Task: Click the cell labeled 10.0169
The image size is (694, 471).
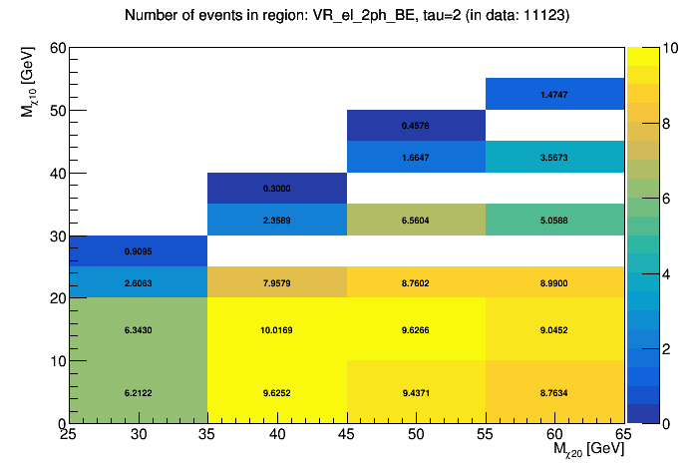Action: (276, 329)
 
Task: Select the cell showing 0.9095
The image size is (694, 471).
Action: (138, 251)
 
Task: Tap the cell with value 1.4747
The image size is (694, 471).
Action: (554, 94)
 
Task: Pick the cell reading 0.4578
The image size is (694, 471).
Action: (416, 126)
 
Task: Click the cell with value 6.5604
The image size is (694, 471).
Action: (416, 220)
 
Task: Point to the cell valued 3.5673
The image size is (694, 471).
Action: (554, 158)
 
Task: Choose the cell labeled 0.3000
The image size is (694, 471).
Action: (276, 189)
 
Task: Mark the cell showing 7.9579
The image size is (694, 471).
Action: (276, 282)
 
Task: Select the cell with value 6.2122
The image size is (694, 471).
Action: (138, 392)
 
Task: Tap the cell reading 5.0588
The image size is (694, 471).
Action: (554, 220)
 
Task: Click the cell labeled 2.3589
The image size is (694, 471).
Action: (276, 220)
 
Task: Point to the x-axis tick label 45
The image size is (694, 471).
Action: (346, 436)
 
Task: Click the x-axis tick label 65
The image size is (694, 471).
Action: (623, 436)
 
